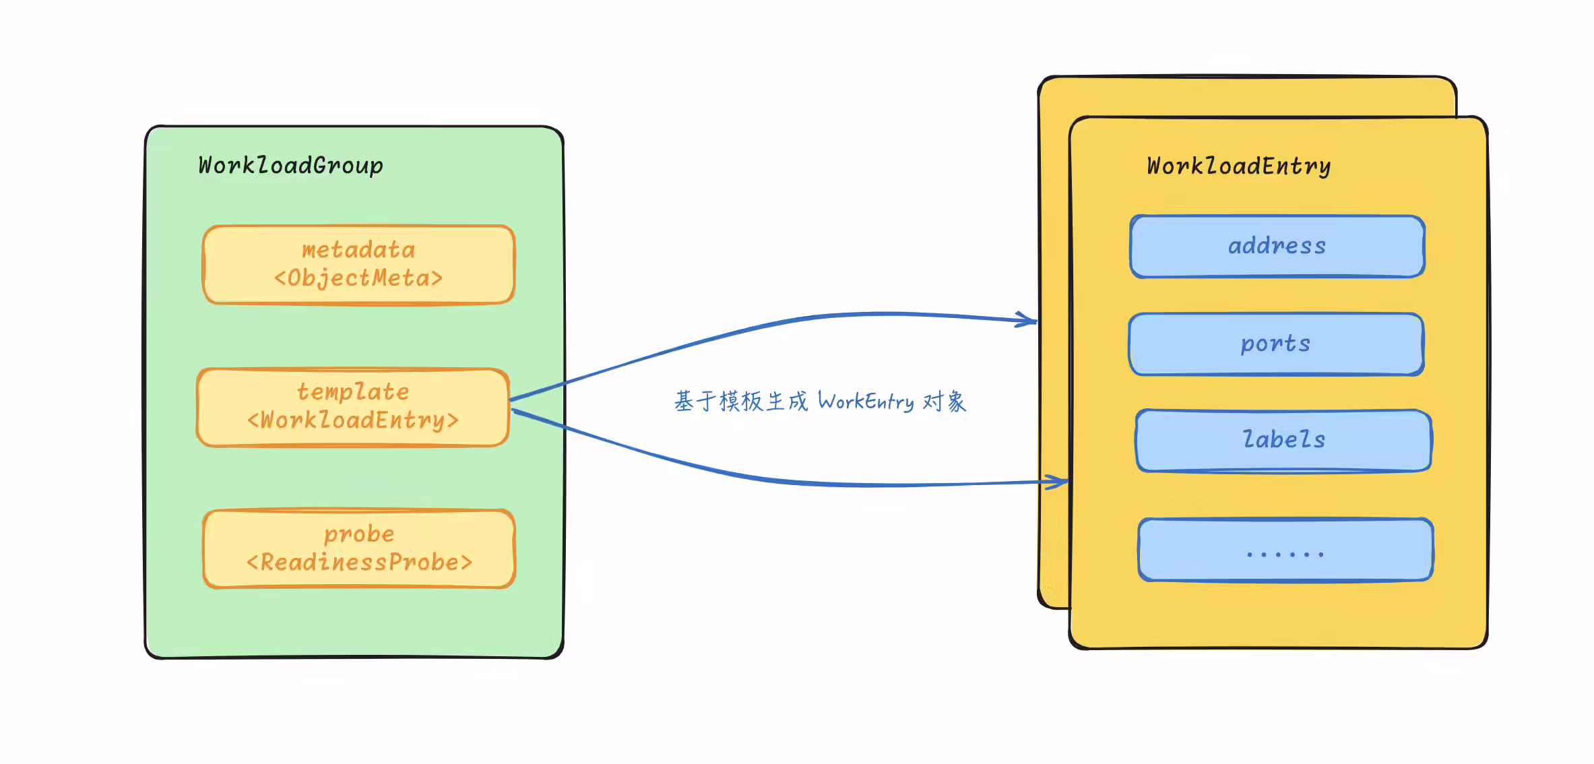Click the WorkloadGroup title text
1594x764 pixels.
pos(290,166)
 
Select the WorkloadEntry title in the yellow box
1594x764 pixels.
pos(1239,166)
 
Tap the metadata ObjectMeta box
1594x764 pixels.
pos(359,265)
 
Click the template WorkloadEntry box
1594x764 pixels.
pos(353,407)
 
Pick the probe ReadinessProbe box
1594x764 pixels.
pos(359,548)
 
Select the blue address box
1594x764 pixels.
pos(1277,247)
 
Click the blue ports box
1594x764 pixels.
pos(1276,344)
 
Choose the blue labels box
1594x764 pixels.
pos(1283,441)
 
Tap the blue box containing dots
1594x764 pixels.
pos(1285,550)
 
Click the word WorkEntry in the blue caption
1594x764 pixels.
pos(866,402)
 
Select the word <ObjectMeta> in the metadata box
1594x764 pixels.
pos(358,278)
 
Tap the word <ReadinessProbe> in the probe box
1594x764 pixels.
pos(359,562)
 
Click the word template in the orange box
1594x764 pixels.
pos(353,392)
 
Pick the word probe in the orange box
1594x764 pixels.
pos(359,534)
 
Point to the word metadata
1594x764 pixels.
pos(358,251)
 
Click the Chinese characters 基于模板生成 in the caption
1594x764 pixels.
pos(741,402)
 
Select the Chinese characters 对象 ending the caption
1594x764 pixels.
pos(945,402)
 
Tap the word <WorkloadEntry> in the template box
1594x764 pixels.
pos(353,420)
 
